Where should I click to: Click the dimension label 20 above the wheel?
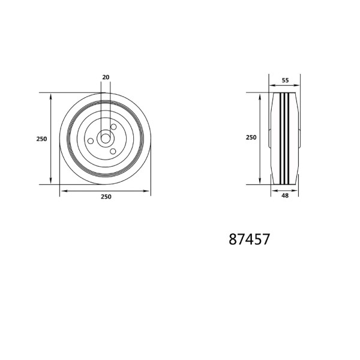tap(106, 77)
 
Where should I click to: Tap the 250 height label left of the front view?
tap(41, 139)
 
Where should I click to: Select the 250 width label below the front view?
tap(106, 197)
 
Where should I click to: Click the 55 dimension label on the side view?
tap(285, 79)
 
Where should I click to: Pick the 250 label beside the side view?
tap(251, 137)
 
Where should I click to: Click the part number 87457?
tap(249, 239)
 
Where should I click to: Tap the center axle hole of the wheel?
tap(106, 138)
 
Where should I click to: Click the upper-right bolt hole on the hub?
tap(113, 127)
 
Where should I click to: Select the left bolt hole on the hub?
tap(91, 140)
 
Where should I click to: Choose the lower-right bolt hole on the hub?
tap(112, 151)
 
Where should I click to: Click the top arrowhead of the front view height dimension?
tap(51, 95)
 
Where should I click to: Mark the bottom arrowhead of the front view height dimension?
tap(51, 181)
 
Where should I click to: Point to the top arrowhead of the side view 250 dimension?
tap(260, 95)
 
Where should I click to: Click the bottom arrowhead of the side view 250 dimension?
tap(260, 181)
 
